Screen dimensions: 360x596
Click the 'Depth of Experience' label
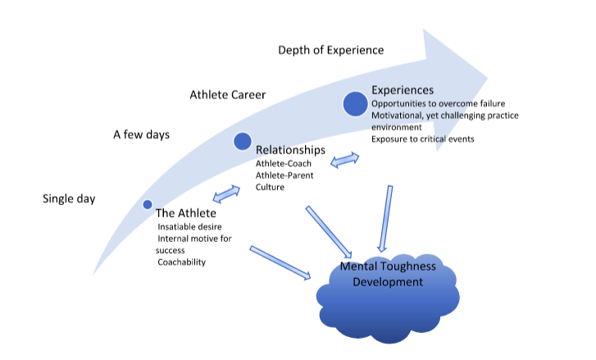click(330, 51)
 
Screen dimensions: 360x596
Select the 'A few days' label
click(141, 134)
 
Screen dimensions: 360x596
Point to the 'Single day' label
click(69, 198)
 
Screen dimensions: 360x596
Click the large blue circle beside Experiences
click(355, 104)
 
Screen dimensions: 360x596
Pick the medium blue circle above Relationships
click(242, 142)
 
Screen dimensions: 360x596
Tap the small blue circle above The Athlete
click(148, 204)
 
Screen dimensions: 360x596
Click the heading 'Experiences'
click(403, 90)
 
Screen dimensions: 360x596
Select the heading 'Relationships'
click(290, 150)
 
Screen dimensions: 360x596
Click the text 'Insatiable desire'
click(190, 226)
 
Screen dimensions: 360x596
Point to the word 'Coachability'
click(182, 262)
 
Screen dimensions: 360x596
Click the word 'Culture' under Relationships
click(270, 187)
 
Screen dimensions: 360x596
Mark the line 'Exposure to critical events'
click(422, 139)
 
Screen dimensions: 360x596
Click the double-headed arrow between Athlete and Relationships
click(226, 194)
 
